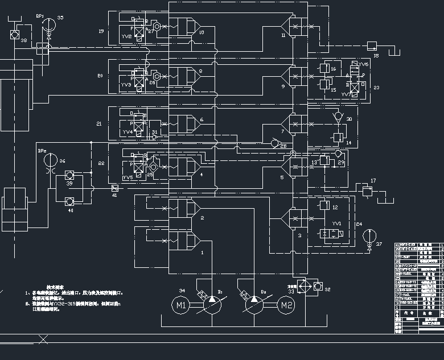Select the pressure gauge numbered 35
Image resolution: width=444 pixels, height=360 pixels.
tap(48, 24)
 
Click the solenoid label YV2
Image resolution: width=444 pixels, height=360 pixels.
tap(126, 36)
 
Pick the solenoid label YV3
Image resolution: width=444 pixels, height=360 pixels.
tap(126, 85)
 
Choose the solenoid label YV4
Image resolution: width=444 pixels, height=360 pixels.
tap(127, 131)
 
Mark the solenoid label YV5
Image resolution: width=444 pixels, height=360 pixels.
tap(127, 177)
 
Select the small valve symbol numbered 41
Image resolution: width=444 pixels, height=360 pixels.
tap(114, 188)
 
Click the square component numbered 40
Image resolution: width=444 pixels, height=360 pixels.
tap(69, 201)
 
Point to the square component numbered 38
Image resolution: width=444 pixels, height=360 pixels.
tap(15, 35)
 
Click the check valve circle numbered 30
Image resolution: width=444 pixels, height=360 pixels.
tap(338, 117)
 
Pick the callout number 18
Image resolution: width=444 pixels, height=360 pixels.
tap(376, 56)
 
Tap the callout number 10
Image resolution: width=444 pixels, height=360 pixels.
tap(202, 32)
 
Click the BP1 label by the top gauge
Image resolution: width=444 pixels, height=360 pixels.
tap(40, 16)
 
